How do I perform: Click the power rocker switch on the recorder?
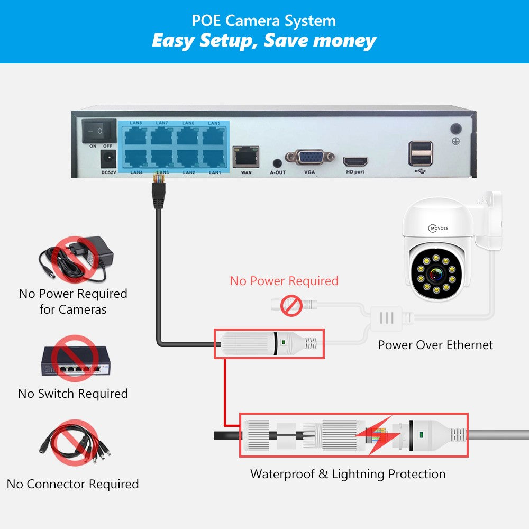click(99, 130)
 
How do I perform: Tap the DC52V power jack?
click(108, 158)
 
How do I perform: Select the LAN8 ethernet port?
click(136, 136)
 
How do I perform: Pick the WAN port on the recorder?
click(246, 156)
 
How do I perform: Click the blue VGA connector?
click(309, 157)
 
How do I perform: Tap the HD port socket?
click(355, 161)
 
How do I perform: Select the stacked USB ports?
click(420, 152)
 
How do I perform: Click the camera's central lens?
click(437, 275)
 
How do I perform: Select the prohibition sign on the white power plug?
click(290, 306)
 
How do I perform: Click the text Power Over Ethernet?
click(435, 345)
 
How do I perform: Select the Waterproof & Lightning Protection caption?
click(348, 474)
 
